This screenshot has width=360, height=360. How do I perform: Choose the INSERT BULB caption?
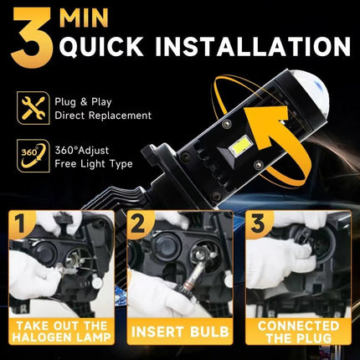(179, 333)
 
